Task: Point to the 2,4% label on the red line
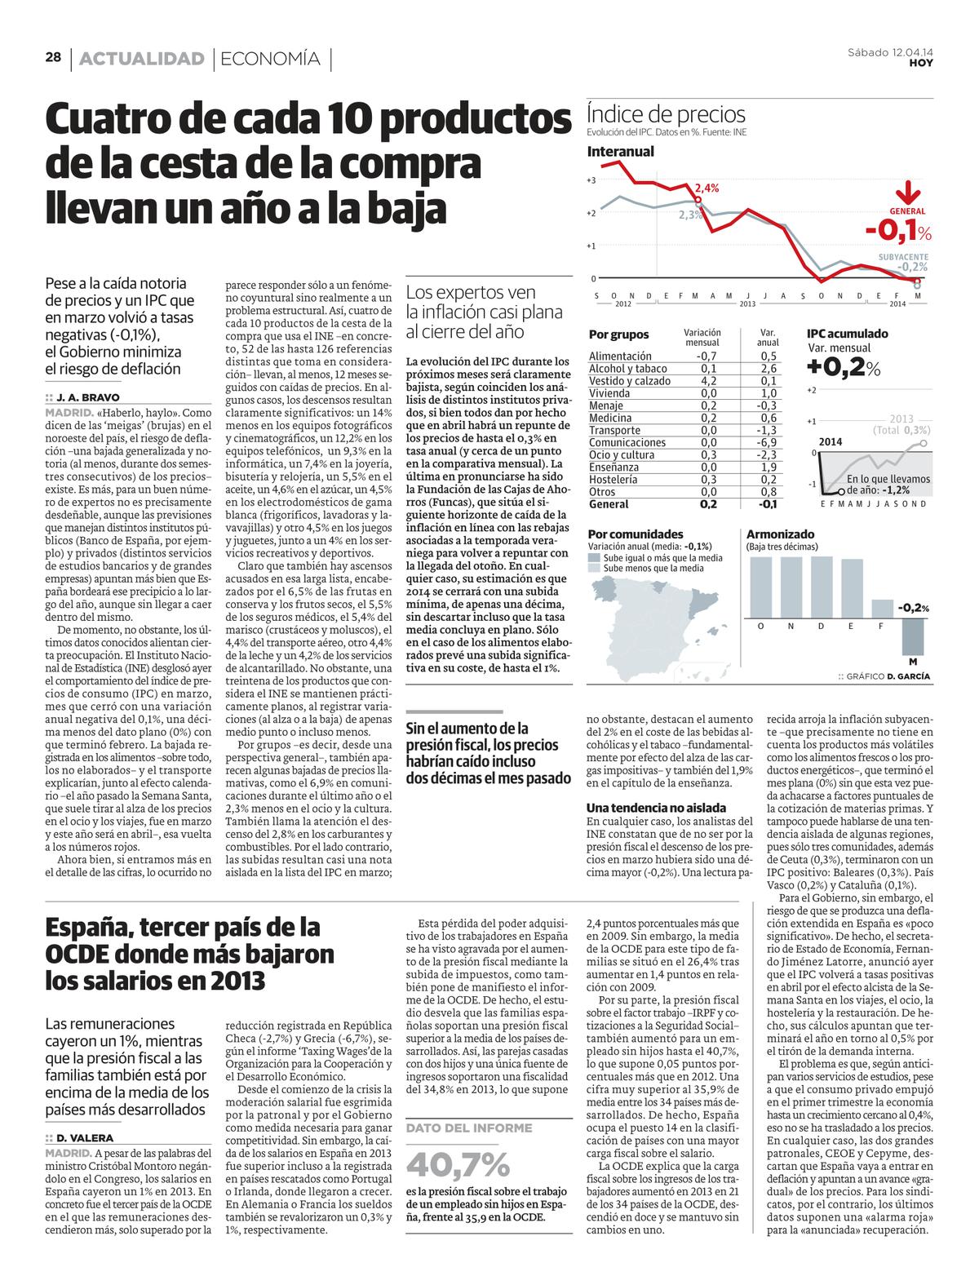point(707,188)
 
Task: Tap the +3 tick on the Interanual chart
point(591,179)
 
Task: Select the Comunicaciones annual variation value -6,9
point(767,443)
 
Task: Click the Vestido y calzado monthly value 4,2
point(707,381)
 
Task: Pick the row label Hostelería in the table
point(613,480)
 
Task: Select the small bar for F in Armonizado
point(882,609)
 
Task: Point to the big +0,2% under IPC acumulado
point(844,368)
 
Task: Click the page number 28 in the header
point(54,58)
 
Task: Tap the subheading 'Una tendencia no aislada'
point(645,808)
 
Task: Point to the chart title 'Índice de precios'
point(666,115)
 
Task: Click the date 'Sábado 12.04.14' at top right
point(890,53)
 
